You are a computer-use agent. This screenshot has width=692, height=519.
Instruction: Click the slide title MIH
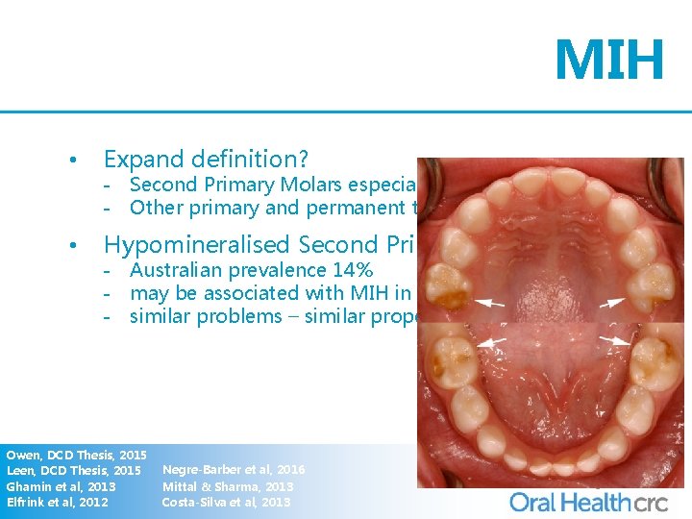click(x=608, y=61)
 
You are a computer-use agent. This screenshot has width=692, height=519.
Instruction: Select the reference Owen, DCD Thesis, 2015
click(x=76, y=454)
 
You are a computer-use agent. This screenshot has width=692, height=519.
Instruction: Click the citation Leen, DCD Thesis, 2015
click(x=74, y=470)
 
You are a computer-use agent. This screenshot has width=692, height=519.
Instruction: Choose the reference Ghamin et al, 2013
click(x=61, y=486)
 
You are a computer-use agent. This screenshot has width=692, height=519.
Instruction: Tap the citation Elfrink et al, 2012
click(x=57, y=502)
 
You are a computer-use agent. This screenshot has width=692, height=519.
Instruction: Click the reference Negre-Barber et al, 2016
click(x=234, y=470)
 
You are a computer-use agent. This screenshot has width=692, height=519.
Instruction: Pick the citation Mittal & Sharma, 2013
click(x=228, y=486)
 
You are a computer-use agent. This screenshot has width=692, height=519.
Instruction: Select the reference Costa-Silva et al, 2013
click(x=226, y=502)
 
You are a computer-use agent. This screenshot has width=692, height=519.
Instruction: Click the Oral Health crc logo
click(x=585, y=501)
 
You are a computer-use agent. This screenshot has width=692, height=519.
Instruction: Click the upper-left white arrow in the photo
click(x=492, y=303)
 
